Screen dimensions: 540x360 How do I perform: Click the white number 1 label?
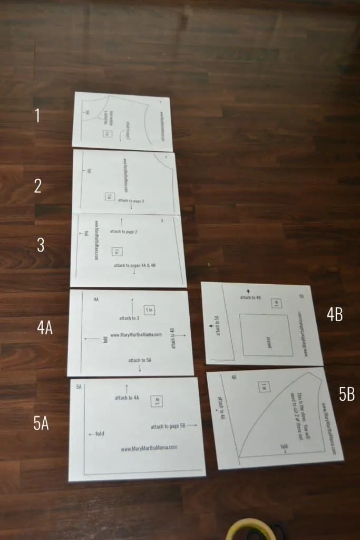tap(37, 115)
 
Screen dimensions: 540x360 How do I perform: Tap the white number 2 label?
tap(37, 186)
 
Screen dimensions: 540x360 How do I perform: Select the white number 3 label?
tap(41, 245)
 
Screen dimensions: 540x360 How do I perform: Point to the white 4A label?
tap(45, 328)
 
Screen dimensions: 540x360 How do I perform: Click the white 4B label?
tap(335, 315)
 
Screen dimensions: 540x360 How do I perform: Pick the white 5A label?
tap(41, 423)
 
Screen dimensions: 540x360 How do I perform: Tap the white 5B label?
tap(346, 394)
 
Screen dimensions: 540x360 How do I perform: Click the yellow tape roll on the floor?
tap(251, 530)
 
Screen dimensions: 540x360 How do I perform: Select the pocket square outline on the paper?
tap(266, 335)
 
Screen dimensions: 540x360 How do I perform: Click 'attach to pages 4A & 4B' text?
tap(134, 265)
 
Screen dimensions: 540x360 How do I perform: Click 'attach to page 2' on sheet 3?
tap(123, 231)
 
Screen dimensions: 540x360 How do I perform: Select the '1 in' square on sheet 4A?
tap(149, 310)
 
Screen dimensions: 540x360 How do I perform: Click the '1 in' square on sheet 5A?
tap(156, 401)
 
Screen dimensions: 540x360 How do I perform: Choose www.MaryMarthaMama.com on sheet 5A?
tap(149, 448)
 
